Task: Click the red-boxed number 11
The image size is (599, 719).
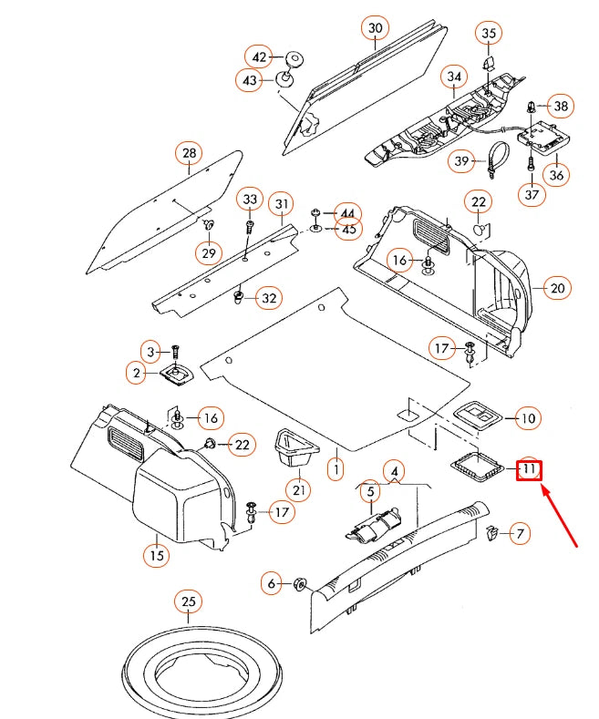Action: pos(529,470)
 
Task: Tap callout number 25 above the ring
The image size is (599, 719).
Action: pos(188,602)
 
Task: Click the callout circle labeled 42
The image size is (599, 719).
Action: pos(261,56)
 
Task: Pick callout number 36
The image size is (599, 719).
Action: pos(556,174)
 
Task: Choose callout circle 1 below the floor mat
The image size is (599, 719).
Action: pos(336,471)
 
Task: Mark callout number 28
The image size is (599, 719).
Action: pos(189,152)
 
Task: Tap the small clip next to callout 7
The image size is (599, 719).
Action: pos(492,532)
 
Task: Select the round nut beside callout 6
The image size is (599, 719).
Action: pos(299,583)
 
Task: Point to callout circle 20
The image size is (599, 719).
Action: pos(557,288)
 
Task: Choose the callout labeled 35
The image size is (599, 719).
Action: pos(489,34)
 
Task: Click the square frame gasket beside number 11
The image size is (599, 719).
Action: pos(478,466)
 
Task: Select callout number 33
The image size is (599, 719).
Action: pos(250,199)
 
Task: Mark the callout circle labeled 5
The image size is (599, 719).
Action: pos(369,493)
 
